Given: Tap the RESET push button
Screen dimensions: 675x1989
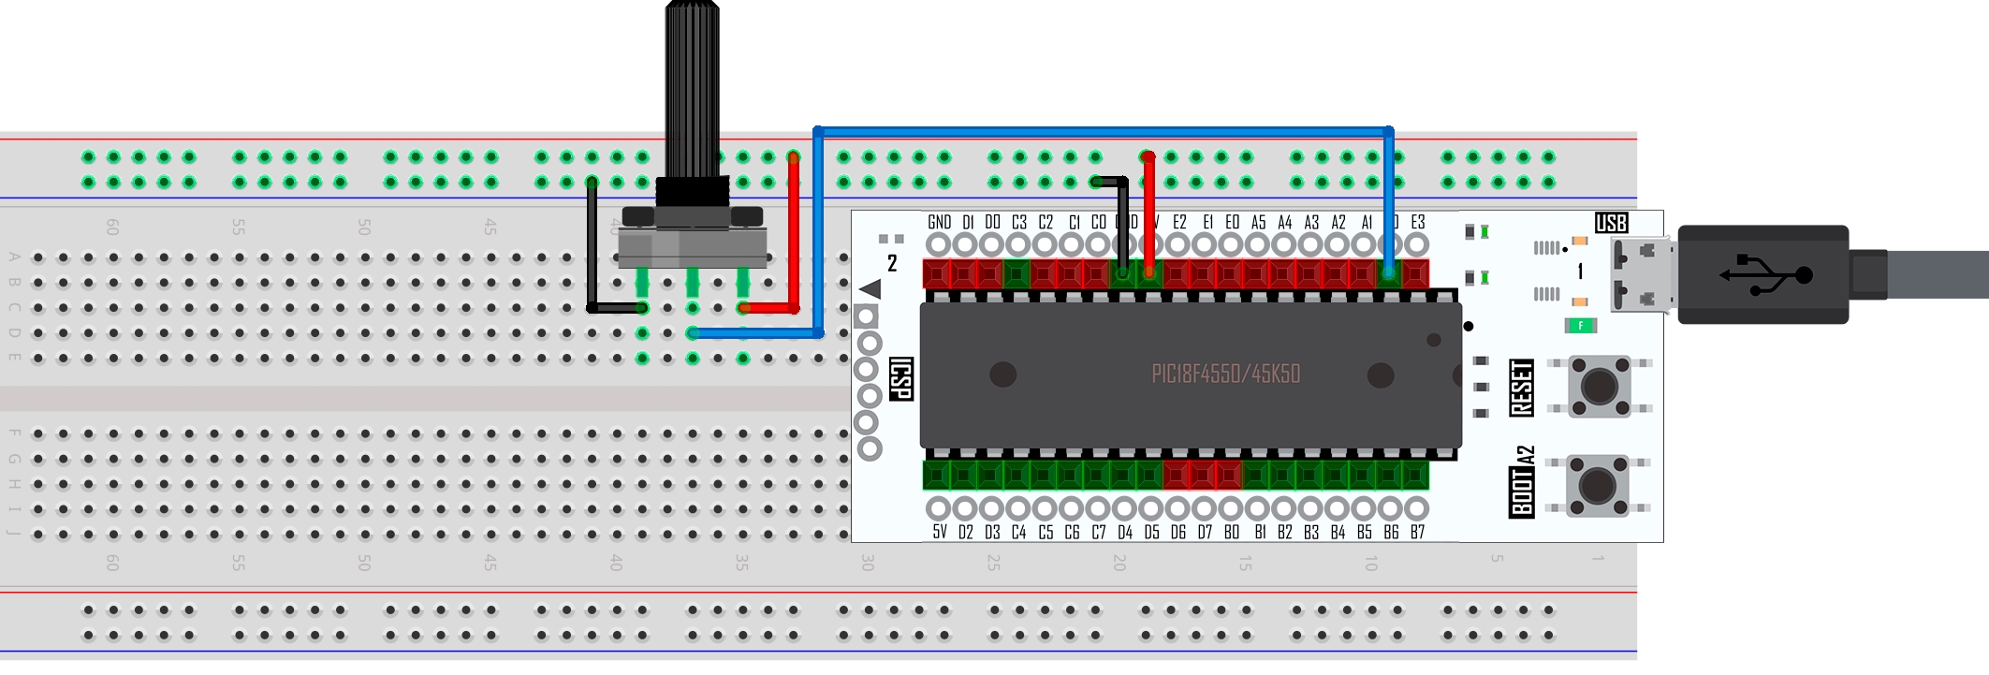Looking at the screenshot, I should coord(1599,385).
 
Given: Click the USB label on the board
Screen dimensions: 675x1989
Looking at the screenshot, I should coord(1611,223).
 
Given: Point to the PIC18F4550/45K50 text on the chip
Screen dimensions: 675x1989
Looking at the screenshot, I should coord(1225,374).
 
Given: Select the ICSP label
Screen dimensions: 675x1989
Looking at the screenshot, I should coord(900,378).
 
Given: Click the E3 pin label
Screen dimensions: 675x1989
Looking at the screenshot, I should coord(1417,223).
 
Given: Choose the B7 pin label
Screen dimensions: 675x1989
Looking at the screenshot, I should coord(1417,532).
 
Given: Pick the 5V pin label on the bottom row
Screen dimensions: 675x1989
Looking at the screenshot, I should coord(939,532).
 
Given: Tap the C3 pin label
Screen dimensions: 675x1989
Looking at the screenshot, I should coord(1018,223).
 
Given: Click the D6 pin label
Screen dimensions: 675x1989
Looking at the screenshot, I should coord(1177,532).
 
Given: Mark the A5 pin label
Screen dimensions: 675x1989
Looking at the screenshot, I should coord(1258,223).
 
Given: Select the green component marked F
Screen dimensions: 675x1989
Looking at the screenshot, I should coord(1580,326).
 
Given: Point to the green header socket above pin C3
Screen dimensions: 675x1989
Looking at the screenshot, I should coord(1016,273).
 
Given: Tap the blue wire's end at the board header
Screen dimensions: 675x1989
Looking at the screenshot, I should coord(1389,272).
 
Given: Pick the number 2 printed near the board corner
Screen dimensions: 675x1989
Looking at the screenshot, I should coord(892,264).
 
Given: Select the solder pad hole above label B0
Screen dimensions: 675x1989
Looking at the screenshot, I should coord(1231,508).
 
